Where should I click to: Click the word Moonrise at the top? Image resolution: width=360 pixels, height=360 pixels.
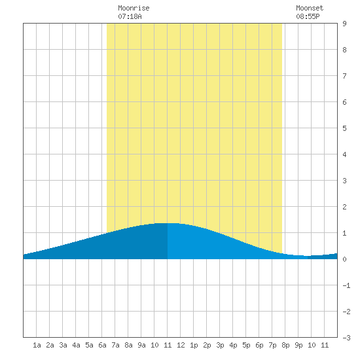[134, 8]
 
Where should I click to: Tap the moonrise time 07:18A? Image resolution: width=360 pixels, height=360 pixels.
[130, 16]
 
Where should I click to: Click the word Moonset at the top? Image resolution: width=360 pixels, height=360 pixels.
[310, 8]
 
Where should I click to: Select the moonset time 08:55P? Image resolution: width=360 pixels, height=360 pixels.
[308, 16]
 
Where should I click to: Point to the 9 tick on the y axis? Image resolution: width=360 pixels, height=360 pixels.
[344, 24]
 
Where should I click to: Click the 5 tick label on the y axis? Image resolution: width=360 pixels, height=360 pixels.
[344, 128]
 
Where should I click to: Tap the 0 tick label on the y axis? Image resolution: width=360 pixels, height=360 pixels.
[344, 259]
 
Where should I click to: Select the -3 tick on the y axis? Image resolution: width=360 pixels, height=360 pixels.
[346, 338]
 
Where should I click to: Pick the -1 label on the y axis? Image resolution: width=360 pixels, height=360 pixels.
[346, 285]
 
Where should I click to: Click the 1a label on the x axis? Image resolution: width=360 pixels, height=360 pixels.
[37, 345]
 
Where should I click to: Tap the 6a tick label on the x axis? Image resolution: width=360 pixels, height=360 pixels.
[102, 345]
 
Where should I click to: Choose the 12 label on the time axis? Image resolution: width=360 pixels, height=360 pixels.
[181, 345]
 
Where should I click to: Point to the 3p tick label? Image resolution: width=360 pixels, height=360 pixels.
[220, 345]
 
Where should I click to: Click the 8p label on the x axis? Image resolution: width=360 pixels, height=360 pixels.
[285, 345]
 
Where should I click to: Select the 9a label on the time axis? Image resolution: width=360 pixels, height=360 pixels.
[141, 345]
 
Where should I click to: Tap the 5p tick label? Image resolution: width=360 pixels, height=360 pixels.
[246, 345]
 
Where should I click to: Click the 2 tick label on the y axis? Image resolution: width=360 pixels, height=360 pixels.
[344, 207]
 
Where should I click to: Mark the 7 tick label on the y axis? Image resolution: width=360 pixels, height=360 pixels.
[344, 76]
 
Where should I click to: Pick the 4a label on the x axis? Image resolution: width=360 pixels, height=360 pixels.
[76, 345]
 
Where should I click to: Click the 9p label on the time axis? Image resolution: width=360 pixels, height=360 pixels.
[298, 345]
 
